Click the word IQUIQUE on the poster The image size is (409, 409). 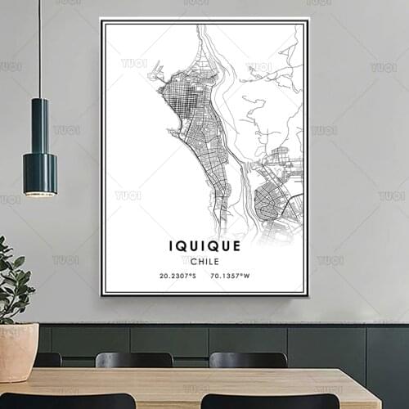tap(204, 245)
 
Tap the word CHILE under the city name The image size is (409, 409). tap(204, 261)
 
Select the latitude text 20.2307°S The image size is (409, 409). tap(178, 276)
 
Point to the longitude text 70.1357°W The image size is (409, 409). tap(230, 276)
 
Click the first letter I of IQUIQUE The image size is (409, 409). tap(171, 245)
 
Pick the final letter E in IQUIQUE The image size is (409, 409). tap(236, 245)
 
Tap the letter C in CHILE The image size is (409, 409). tap(192, 261)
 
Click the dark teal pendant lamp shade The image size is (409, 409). tap(39, 147)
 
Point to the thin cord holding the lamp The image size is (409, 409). tap(39, 49)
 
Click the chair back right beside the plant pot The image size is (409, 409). tap(47, 359)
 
